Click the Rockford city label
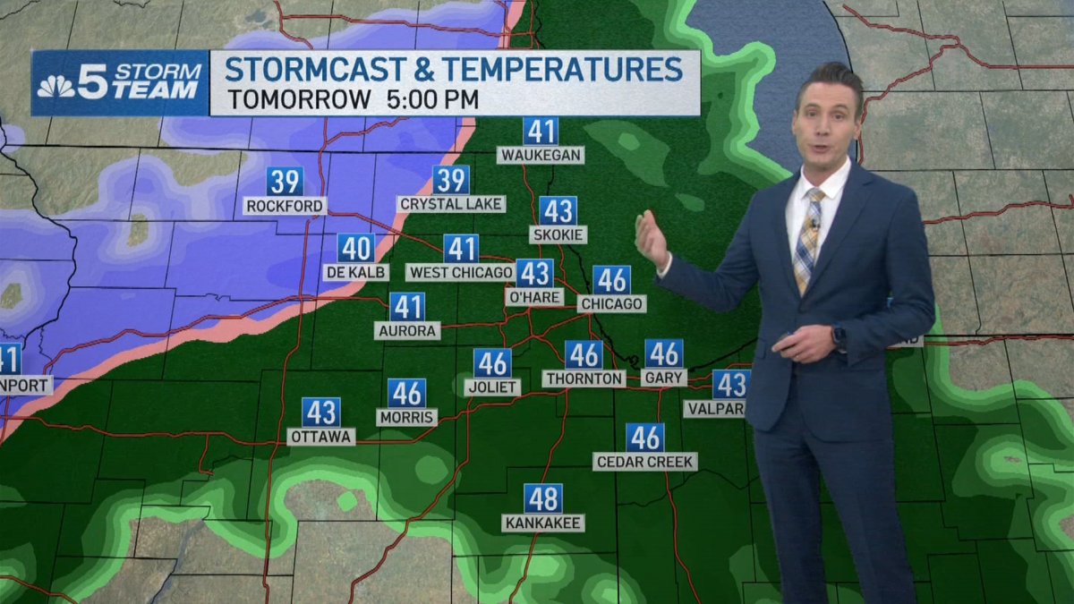(x=285, y=207)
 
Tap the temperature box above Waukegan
(x=541, y=132)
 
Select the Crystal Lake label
(x=451, y=204)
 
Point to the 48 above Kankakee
(x=543, y=498)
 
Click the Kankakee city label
(x=543, y=523)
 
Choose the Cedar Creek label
(x=644, y=462)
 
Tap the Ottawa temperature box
(x=320, y=413)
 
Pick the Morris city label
(x=406, y=418)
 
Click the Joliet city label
(x=492, y=387)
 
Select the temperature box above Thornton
(x=584, y=355)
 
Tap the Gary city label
(x=664, y=379)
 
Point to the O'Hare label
(x=534, y=297)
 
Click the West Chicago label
(x=460, y=272)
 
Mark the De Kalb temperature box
(x=356, y=248)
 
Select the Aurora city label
(x=407, y=331)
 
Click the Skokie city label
(x=558, y=235)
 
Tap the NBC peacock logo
(x=55, y=86)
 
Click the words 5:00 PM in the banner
(x=433, y=98)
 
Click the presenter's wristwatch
(x=839, y=336)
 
